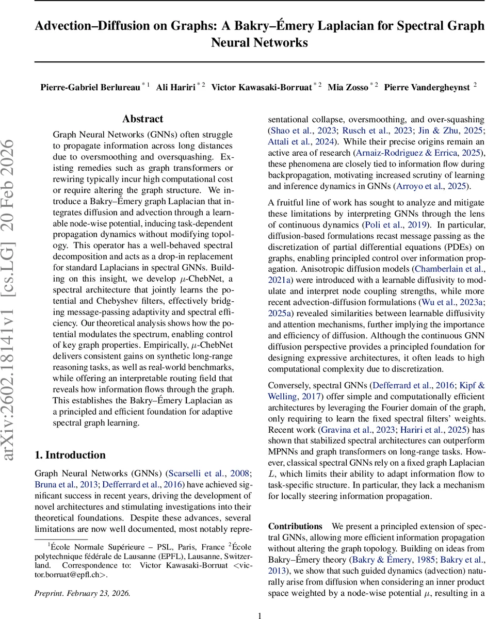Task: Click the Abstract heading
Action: point(143,119)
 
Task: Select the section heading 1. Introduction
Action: point(70,454)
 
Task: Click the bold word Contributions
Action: point(295,526)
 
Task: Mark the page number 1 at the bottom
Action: point(260,611)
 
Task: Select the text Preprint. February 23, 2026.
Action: point(83,593)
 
